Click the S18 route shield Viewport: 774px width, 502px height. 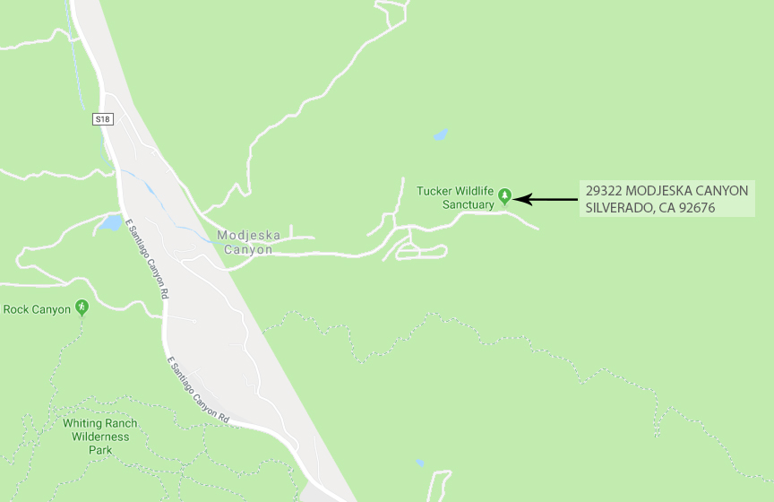pos(103,118)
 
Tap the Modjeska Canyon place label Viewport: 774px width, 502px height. pos(248,243)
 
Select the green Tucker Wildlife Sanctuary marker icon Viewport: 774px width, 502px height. pos(505,195)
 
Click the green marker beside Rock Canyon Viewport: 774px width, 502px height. pos(82,307)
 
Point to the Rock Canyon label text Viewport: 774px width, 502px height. pos(37,309)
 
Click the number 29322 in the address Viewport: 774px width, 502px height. pos(603,191)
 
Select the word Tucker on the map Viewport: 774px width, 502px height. pos(434,191)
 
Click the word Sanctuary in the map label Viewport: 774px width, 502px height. pos(468,204)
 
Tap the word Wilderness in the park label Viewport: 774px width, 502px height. pos(101,437)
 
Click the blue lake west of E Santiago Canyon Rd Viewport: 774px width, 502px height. pos(110,222)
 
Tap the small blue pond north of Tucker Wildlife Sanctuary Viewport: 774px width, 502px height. pos(440,135)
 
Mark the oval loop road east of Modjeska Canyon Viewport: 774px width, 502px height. pos(421,252)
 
